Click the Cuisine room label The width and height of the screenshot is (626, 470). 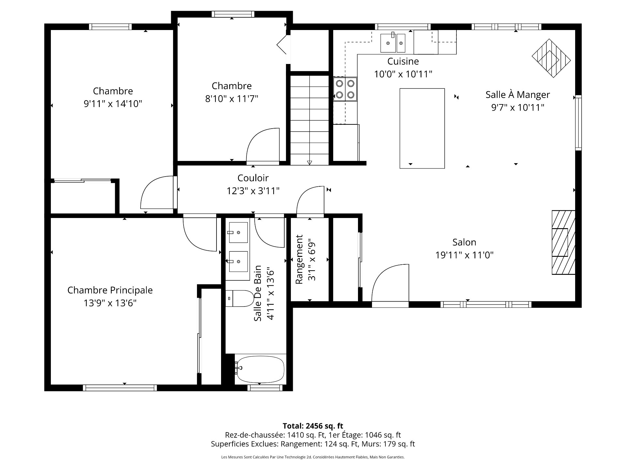pos(403,61)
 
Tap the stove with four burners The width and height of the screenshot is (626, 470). pos(345,89)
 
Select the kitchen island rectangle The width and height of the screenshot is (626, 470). pos(422,128)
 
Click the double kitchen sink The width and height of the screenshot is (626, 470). pos(393,43)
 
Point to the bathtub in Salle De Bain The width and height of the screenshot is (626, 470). pos(260,369)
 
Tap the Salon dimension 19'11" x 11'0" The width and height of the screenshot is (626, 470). pos(464,255)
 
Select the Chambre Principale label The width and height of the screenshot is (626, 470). pos(110,290)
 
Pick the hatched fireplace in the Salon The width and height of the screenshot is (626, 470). pos(563,242)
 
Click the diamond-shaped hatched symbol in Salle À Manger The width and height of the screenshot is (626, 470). pos(551,58)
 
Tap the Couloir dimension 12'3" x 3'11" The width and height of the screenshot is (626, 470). pos(253,191)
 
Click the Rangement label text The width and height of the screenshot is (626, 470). pos(299,259)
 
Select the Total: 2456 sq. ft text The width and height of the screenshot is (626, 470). pos(313,426)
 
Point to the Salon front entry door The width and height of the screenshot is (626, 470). pos(390,286)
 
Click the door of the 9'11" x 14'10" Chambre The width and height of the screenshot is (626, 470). pos(157,193)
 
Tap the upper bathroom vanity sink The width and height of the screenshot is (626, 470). pos(238,232)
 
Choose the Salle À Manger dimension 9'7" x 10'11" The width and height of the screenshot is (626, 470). pos(517,107)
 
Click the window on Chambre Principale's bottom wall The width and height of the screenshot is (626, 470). pos(120,388)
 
